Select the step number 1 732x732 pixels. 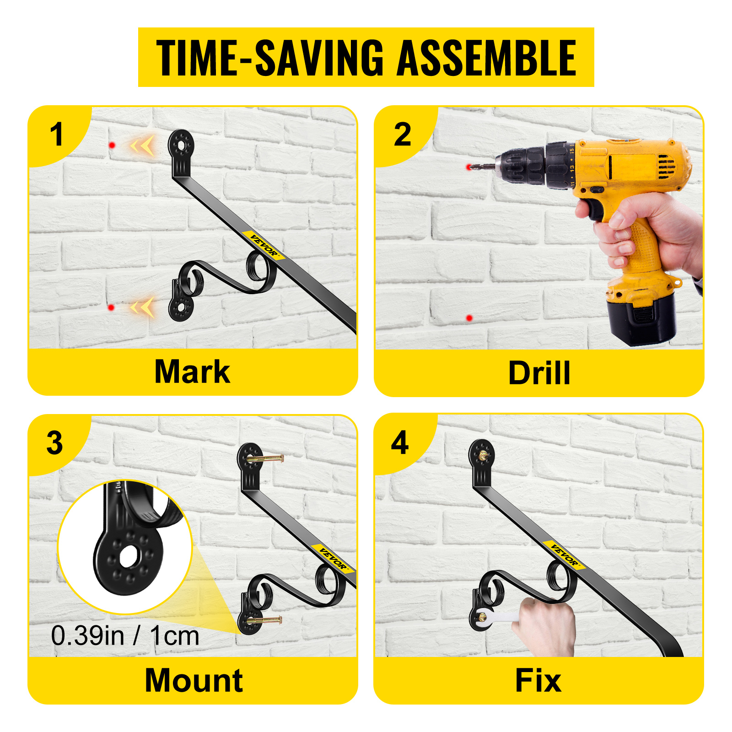point(56,135)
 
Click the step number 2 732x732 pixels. point(403,135)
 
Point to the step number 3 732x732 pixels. point(55,443)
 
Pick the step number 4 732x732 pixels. point(400,443)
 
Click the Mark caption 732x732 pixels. point(192,371)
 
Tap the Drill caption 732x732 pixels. point(539,373)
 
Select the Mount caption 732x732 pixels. point(194,680)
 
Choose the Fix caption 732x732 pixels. point(538,680)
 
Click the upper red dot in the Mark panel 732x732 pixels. point(112,145)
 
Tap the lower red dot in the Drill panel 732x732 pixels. point(469,318)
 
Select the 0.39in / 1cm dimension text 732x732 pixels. point(125,636)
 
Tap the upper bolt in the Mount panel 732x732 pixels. point(265,458)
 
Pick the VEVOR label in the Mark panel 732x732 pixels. point(264,245)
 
